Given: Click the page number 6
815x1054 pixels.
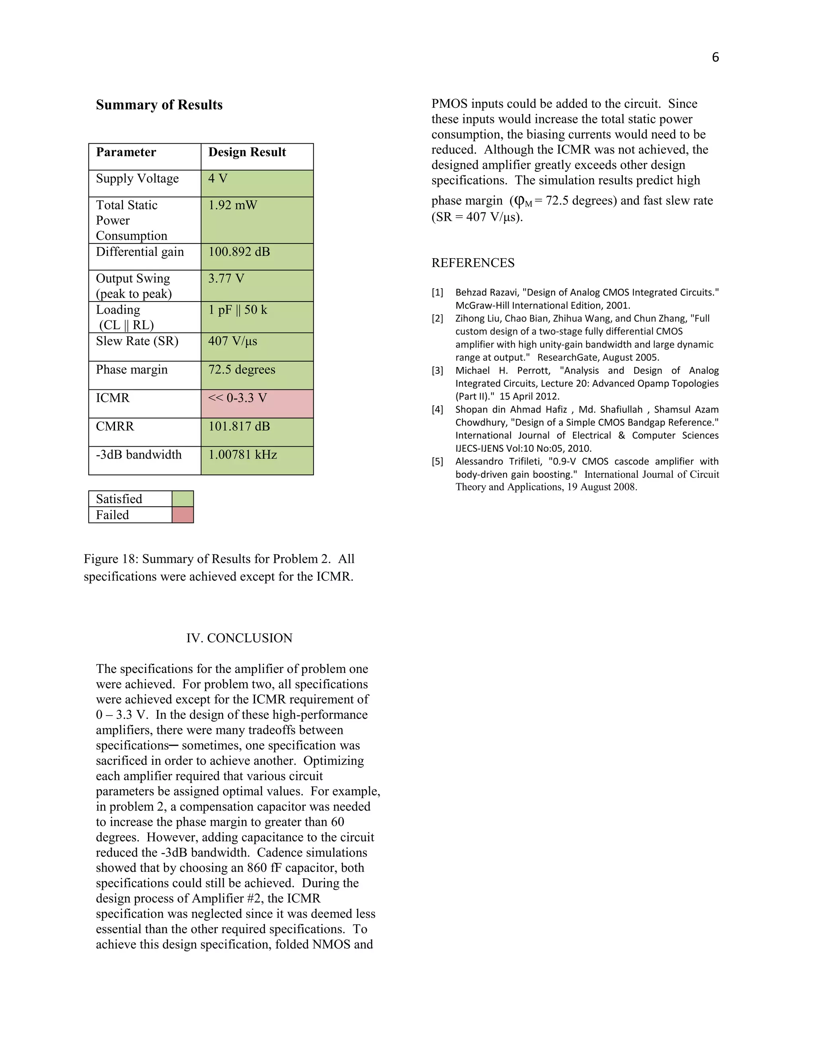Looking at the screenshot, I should [715, 57].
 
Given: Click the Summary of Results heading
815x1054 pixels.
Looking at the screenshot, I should [159, 105].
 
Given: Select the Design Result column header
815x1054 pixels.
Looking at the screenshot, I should [247, 152].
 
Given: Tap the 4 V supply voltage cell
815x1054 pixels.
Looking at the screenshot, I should [257, 183].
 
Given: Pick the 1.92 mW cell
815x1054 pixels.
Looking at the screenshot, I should [257, 220].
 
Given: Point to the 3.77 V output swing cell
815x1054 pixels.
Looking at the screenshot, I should [257, 286].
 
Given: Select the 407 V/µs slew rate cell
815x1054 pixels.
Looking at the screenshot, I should [257, 346].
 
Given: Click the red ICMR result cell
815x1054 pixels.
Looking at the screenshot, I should [257, 403].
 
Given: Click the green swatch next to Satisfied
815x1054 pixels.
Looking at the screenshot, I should [183, 498].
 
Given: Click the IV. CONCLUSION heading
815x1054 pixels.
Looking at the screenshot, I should [239, 638].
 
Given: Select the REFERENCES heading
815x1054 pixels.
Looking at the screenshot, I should [473, 263].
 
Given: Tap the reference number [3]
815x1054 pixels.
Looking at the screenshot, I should [437, 371].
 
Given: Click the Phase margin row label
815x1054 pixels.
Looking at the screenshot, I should [131, 369].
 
